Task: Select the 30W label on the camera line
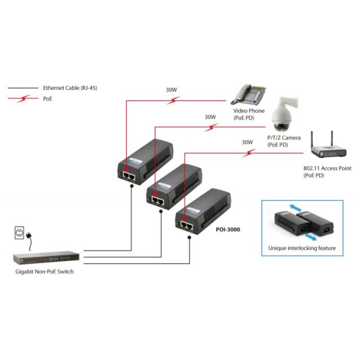tap(210, 118)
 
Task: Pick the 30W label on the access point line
tap(247, 143)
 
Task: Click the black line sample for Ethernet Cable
tap(23, 88)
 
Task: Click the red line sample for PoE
tap(23, 98)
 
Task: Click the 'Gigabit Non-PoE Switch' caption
tap(45, 272)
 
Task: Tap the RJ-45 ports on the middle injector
tap(158, 199)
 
